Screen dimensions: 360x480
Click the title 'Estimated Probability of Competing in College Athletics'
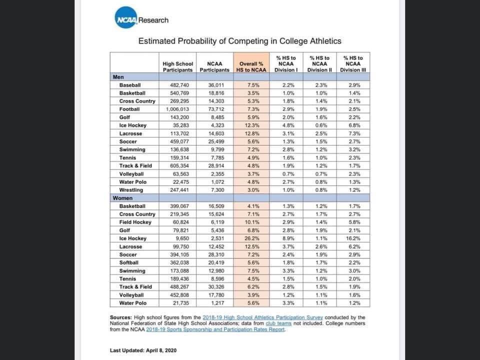pyautogui.click(x=239, y=41)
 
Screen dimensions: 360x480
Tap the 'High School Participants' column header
pyautogui.click(x=177, y=66)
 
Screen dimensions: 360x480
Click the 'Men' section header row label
pyautogui.click(x=118, y=77)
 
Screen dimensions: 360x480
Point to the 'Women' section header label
pyautogui.click(x=122, y=198)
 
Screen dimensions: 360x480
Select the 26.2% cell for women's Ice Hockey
pyautogui.click(x=251, y=238)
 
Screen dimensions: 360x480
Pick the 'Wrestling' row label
pyautogui.click(x=131, y=190)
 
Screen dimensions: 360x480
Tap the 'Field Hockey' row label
pyautogui.click(x=135, y=222)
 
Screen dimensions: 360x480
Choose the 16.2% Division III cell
pyautogui.click(x=353, y=238)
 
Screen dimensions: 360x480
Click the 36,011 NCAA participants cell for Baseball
pyautogui.click(x=214, y=85)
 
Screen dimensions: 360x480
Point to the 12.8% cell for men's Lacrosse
pyautogui.click(x=251, y=133)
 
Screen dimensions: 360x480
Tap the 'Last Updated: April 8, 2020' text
pyautogui.click(x=143, y=350)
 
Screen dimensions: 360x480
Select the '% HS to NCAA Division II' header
pyautogui.click(x=319, y=64)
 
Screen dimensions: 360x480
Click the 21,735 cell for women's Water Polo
pyautogui.click(x=177, y=303)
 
